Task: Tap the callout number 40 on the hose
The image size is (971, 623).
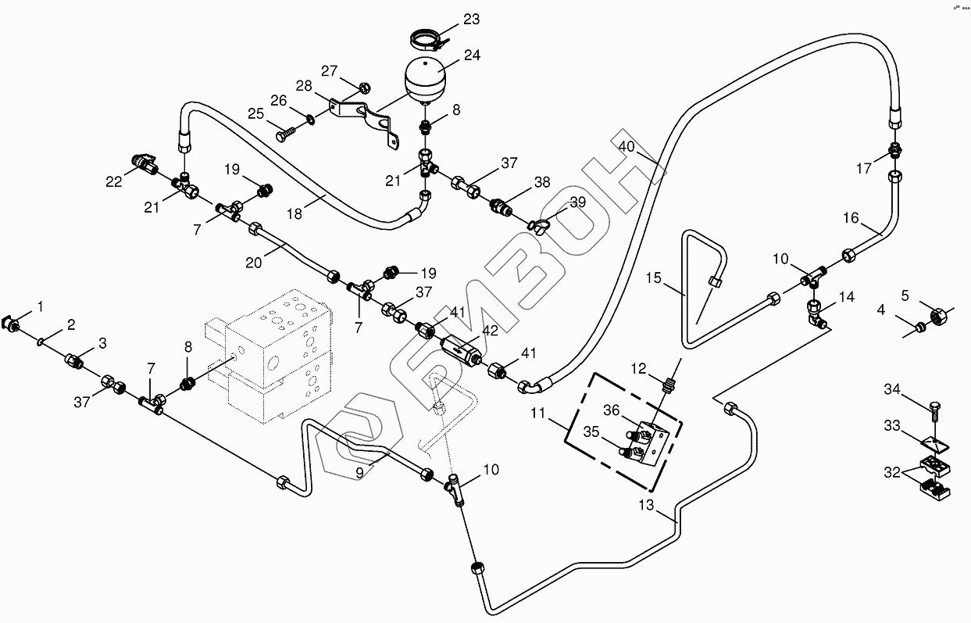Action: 627,147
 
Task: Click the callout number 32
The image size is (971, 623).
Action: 891,473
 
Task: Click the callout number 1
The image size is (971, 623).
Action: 40,306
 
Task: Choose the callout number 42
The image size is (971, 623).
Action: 491,330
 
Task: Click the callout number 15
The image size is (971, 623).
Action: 654,278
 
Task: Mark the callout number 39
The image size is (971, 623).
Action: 577,202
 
